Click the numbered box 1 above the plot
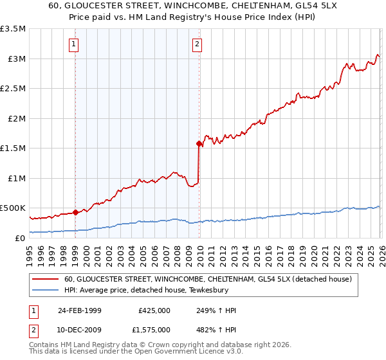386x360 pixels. [x=75, y=44]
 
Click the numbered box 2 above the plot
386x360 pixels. [x=197, y=44]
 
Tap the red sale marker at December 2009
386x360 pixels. [x=198, y=144]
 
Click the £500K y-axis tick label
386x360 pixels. [x=13, y=208]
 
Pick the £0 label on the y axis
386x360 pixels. [x=21, y=238]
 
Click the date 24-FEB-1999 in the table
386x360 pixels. [x=79, y=310]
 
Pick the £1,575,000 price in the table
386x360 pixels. [x=154, y=330]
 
